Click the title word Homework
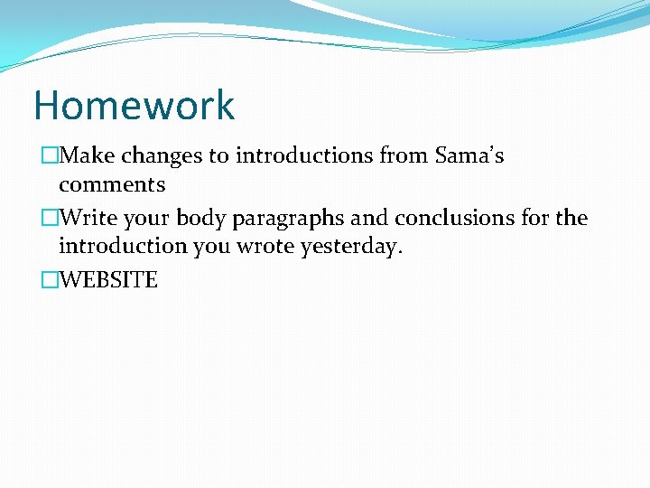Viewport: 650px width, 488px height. (x=134, y=105)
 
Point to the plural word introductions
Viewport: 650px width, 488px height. (x=304, y=156)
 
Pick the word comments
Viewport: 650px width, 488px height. (x=112, y=185)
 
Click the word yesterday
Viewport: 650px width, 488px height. (x=353, y=248)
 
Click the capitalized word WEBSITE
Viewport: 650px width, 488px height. (x=108, y=281)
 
